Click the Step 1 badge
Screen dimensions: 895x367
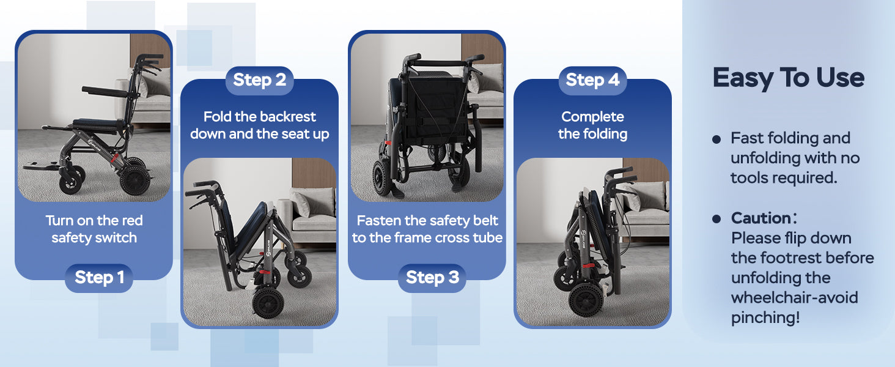click(99, 278)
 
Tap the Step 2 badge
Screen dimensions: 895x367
click(260, 80)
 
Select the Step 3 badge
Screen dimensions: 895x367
click(432, 278)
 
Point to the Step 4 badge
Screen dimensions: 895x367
click(592, 80)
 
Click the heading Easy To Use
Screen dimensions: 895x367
click(789, 78)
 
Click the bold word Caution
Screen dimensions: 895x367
click(761, 218)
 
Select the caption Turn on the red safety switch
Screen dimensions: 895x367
click(94, 229)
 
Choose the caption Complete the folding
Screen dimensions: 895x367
click(592, 125)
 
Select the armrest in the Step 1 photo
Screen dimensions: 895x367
click(105, 91)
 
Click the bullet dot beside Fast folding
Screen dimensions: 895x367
click(716, 139)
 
